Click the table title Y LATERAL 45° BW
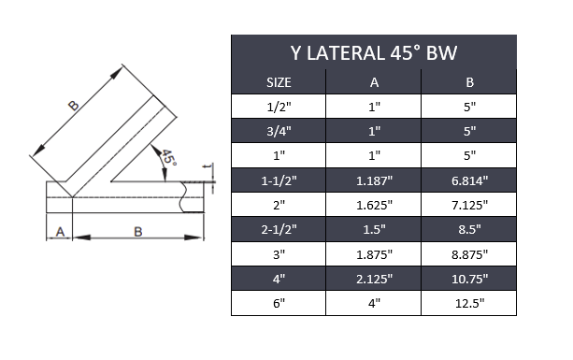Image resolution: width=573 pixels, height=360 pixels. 374,52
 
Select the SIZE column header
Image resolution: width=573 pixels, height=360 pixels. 279,82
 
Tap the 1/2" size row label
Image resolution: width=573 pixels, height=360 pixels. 279,107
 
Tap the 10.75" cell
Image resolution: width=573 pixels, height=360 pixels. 469,278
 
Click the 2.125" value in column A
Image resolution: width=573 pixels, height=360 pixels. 374,278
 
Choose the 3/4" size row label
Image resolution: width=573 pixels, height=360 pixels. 279,131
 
